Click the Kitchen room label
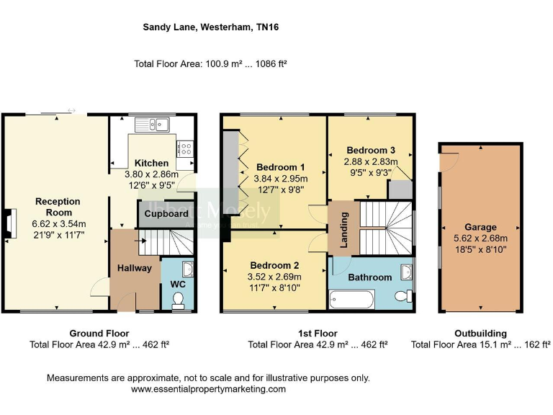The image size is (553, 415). point(151,163)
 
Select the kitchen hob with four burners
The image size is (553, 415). point(185,149)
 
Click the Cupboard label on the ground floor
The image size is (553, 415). point(166,213)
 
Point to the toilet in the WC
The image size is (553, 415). point(179,298)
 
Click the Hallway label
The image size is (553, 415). point(135,268)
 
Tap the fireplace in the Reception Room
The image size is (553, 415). point(9,223)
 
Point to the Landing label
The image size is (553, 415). point(345,230)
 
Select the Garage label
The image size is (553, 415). point(480,228)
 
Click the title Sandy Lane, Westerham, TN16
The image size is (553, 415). point(211,27)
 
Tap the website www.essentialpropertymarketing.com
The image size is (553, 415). point(208,389)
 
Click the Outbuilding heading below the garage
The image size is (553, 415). point(480,334)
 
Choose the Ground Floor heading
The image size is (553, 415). point(99,334)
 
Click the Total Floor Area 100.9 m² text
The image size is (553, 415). point(210,63)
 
